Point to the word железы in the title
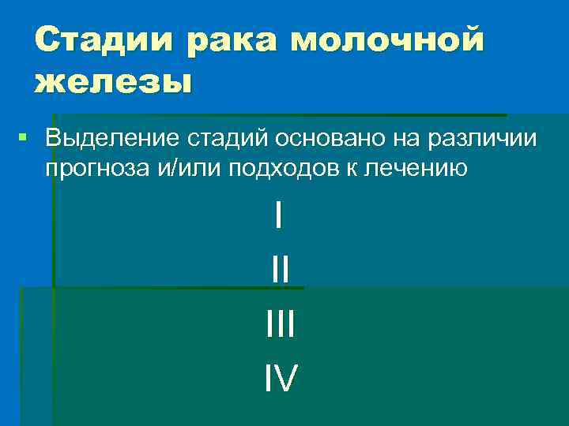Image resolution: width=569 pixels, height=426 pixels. pos(113,81)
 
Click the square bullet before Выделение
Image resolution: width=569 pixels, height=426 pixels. pos(22,138)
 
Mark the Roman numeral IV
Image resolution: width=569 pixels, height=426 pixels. pos(281,379)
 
